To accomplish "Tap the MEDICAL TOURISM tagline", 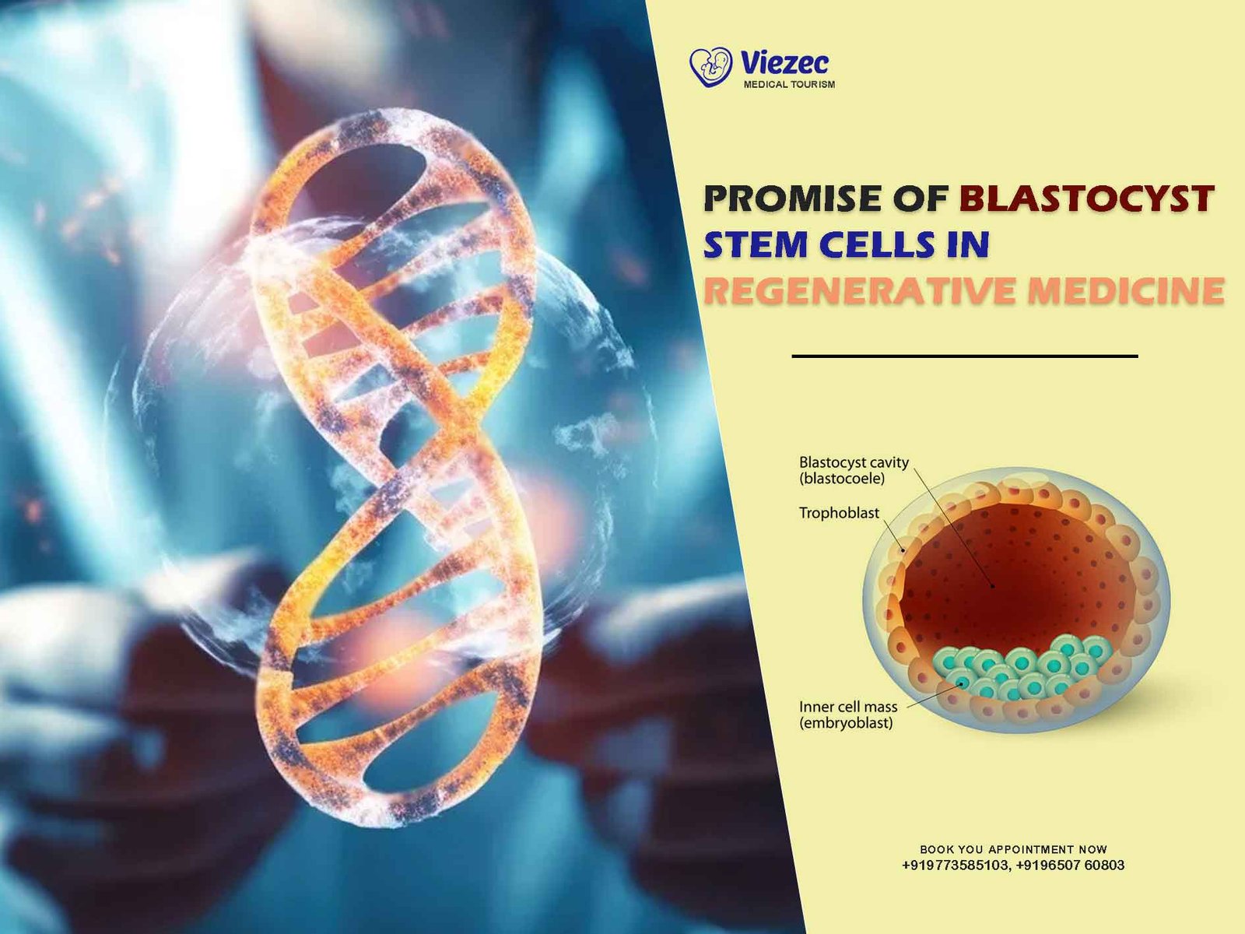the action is point(789,85).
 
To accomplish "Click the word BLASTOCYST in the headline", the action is point(1087,198).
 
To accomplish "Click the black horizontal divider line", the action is point(965,356).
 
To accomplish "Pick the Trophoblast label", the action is point(839,513).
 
